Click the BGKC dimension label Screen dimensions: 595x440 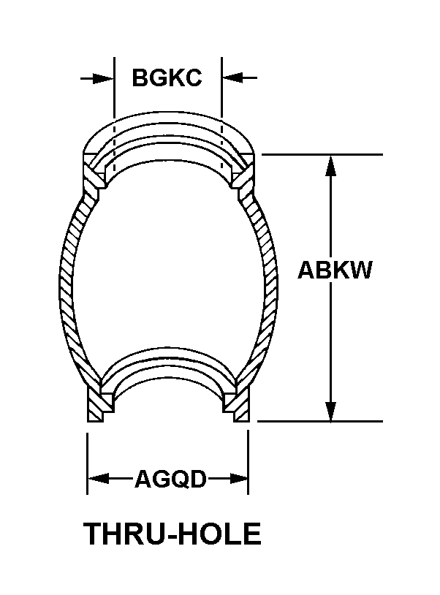(x=167, y=77)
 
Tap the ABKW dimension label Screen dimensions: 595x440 (x=335, y=270)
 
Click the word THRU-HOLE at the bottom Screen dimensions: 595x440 (x=172, y=534)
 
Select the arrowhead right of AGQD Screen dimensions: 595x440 (x=239, y=479)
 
